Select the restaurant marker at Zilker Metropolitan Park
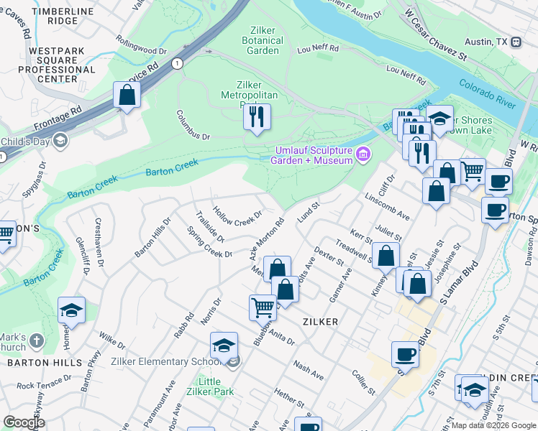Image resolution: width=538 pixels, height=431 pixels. coord(257,116)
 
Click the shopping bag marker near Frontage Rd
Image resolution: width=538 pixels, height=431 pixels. coord(127,96)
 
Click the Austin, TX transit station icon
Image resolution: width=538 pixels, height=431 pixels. coord(516,42)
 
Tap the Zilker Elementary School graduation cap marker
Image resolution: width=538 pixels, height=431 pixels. coord(224,346)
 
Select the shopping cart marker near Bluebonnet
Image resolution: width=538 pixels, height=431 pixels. coord(263,307)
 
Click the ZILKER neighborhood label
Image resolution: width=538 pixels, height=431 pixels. coord(320,323)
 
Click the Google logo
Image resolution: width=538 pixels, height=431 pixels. coord(24,422)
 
